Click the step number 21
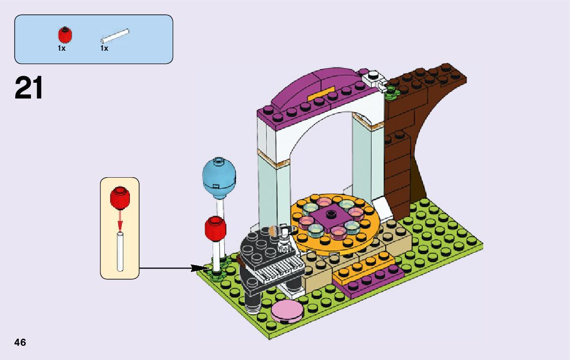(29, 88)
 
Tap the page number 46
(20, 342)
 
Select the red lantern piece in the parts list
(64, 35)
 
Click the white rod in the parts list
(115, 37)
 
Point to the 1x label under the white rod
(104, 49)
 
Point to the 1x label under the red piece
(61, 49)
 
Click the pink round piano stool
(287, 310)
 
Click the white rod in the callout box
(120, 251)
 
